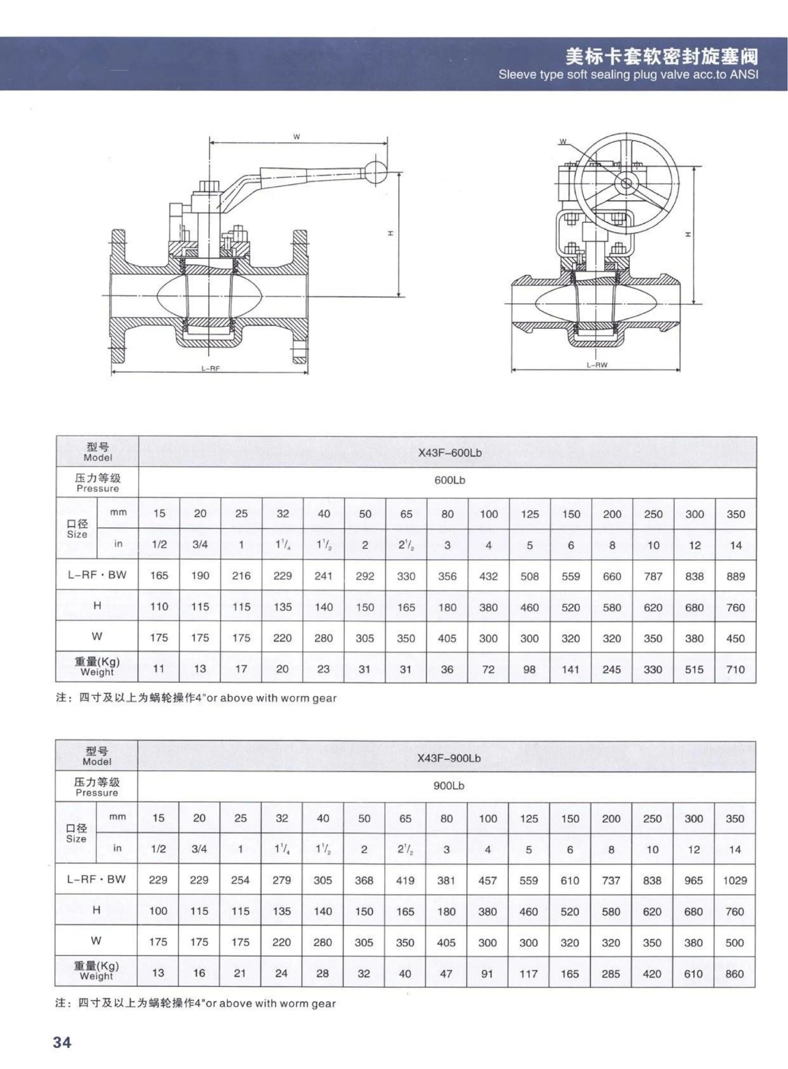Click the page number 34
point(62,1042)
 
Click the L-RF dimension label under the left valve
point(210,369)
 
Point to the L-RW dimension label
point(597,365)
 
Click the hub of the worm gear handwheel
point(626,183)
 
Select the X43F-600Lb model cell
point(450,453)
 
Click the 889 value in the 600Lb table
point(735,576)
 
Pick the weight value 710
point(735,669)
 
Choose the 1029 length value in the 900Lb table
point(735,880)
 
